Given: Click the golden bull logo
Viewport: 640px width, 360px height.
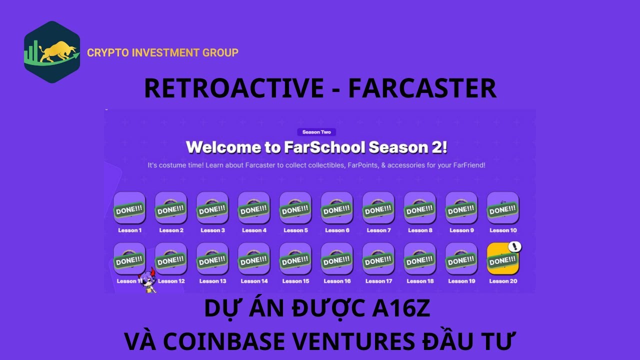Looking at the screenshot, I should pyautogui.click(x=52, y=52).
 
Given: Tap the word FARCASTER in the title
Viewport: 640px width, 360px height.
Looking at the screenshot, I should pyautogui.click(x=422, y=88).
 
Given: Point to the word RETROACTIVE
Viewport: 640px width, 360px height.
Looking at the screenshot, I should pyautogui.click(x=234, y=88).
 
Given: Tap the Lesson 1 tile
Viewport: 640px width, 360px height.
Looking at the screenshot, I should pyautogui.click(x=129, y=208).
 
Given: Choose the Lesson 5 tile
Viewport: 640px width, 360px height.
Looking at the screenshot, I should pyautogui.click(x=295, y=208).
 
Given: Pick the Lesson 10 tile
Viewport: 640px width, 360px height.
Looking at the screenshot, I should pyautogui.click(x=503, y=208).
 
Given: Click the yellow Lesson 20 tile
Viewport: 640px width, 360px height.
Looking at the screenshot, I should pyautogui.click(x=503, y=258).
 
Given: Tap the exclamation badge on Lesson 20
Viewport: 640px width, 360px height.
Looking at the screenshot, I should pyautogui.click(x=515, y=246).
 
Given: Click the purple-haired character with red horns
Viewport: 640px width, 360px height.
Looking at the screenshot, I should pyautogui.click(x=148, y=280).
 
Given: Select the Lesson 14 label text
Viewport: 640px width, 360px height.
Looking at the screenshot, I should pyautogui.click(x=254, y=281).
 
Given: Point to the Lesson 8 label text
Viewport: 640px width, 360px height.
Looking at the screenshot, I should pyautogui.click(x=420, y=230).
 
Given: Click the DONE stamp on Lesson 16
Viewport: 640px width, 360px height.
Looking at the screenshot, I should pyautogui.click(x=337, y=261).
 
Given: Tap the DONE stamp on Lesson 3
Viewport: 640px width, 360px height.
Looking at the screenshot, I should pyautogui.click(x=212, y=210).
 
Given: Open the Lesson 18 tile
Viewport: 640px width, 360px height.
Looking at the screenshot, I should pyautogui.click(x=420, y=258).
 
